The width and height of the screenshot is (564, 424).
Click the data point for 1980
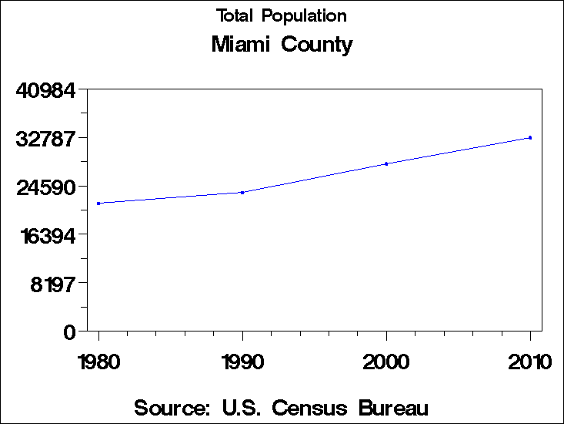98,204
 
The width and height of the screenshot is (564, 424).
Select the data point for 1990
242,193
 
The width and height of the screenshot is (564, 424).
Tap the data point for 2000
386,163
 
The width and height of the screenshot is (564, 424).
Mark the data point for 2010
530,137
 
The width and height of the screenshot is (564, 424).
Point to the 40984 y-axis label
46,90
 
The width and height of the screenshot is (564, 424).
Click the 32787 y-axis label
46,139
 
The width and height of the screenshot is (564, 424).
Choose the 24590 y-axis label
46,187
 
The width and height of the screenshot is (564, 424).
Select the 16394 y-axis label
46,236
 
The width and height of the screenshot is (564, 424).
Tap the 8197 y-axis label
52,284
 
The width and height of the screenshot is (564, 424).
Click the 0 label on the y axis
70,332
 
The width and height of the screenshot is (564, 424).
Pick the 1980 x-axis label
98,362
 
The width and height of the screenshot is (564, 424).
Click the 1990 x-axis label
242,362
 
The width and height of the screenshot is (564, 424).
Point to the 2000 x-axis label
386,362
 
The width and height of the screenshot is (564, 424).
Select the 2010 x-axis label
530,362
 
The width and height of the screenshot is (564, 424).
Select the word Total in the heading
235,15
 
